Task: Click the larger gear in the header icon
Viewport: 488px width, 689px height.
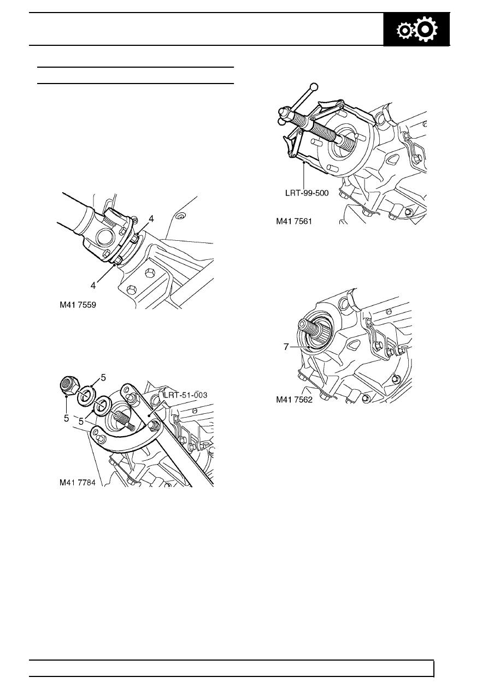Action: coord(426,30)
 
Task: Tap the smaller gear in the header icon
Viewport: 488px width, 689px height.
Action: coord(405,31)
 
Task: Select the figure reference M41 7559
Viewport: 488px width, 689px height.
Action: coord(78,305)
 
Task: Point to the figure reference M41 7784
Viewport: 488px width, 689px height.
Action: coord(77,483)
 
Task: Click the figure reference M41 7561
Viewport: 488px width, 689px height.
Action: coord(294,221)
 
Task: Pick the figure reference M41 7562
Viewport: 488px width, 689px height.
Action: coord(294,400)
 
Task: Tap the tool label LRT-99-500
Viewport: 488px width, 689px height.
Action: coord(307,193)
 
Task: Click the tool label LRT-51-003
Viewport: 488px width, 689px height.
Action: coord(186,395)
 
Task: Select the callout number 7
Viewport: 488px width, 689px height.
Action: coord(286,347)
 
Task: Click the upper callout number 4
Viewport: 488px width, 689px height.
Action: coord(151,219)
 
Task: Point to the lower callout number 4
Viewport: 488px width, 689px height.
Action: coord(93,286)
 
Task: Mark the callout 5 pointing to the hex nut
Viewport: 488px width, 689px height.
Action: coord(66,418)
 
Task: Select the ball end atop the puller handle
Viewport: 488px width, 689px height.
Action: coord(314,87)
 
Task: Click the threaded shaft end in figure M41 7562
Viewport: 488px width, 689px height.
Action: coord(309,326)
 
